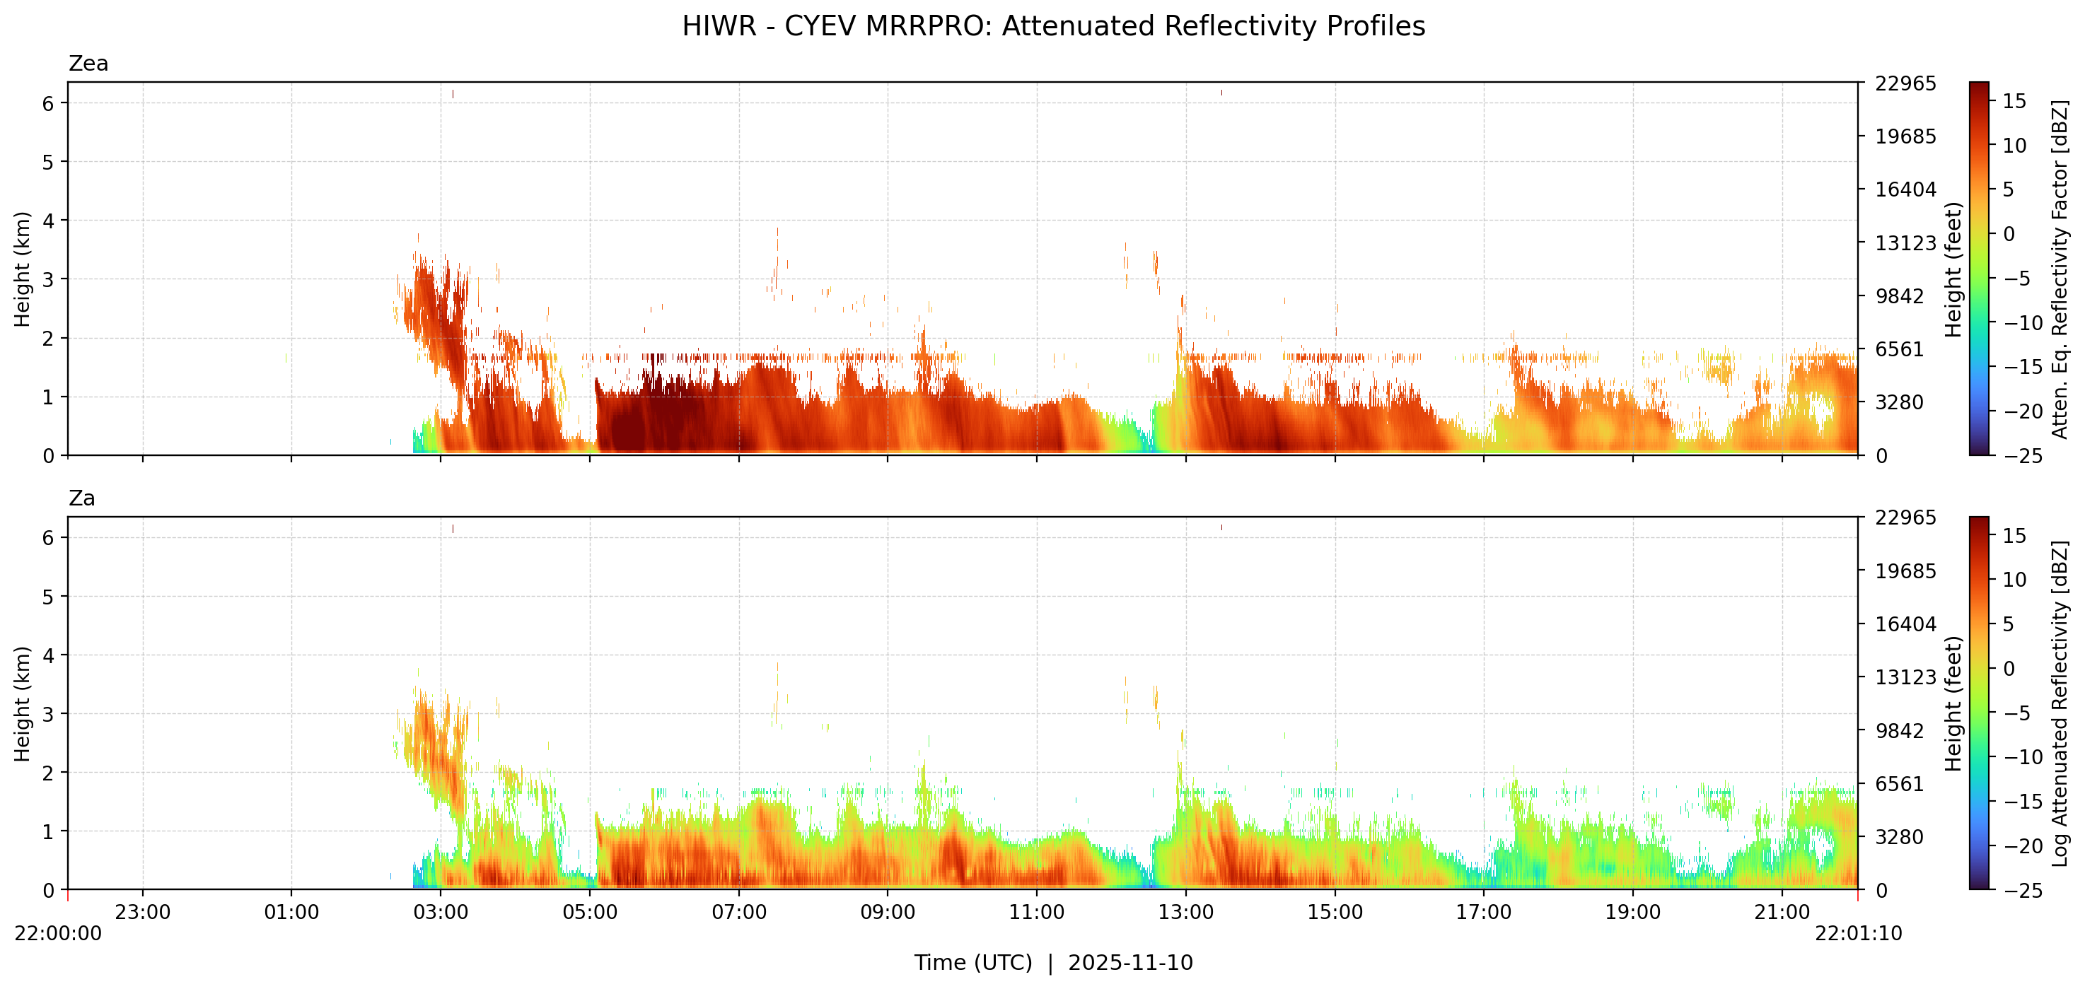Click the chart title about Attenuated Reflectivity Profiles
point(1053,26)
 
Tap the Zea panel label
point(88,63)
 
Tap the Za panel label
point(82,498)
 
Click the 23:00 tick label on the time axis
point(142,912)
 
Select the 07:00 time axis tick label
point(738,912)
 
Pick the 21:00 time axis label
point(1781,912)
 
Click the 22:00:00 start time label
point(58,933)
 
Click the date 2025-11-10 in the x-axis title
point(1130,962)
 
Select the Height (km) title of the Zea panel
point(22,269)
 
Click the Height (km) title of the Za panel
point(22,703)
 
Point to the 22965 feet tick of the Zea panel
point(1905,83)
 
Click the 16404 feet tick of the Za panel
point(1905,624)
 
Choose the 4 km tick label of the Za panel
point(49,655)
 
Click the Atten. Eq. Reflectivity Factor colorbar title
point(2060,269)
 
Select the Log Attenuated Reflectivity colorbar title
point(2060,703)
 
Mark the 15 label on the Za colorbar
point(2014,536)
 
